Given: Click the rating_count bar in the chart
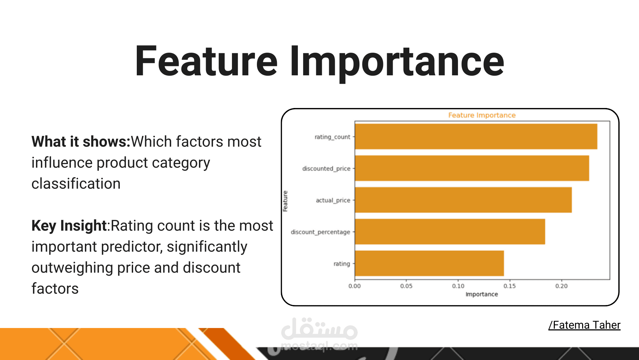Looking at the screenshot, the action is [476, 137].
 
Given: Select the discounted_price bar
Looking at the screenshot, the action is [472, 168].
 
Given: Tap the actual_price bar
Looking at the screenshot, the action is [463, 200].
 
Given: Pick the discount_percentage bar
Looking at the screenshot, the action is [450, 232].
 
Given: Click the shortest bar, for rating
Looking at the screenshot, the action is [429, 263].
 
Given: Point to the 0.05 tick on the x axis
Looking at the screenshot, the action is [406, 286].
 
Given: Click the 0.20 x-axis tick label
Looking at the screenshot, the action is [561, 286].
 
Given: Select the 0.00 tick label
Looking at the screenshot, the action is [354, 286].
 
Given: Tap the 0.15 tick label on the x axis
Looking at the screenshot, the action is [510, 286].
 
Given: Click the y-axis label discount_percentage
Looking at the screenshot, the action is [320, 232].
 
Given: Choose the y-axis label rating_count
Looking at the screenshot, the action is [332, 137].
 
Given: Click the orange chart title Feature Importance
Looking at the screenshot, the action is [482, 115].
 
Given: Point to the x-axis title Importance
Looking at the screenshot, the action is [482, 294].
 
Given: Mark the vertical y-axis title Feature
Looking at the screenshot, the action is [285, 201].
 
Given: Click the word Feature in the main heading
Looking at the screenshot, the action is [206, 62].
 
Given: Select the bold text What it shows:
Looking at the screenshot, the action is [81, 142].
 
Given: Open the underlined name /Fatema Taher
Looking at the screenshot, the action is [584, 325].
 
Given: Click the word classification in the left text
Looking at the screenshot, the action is [76, 184].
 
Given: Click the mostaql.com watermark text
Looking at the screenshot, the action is [319, 346].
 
